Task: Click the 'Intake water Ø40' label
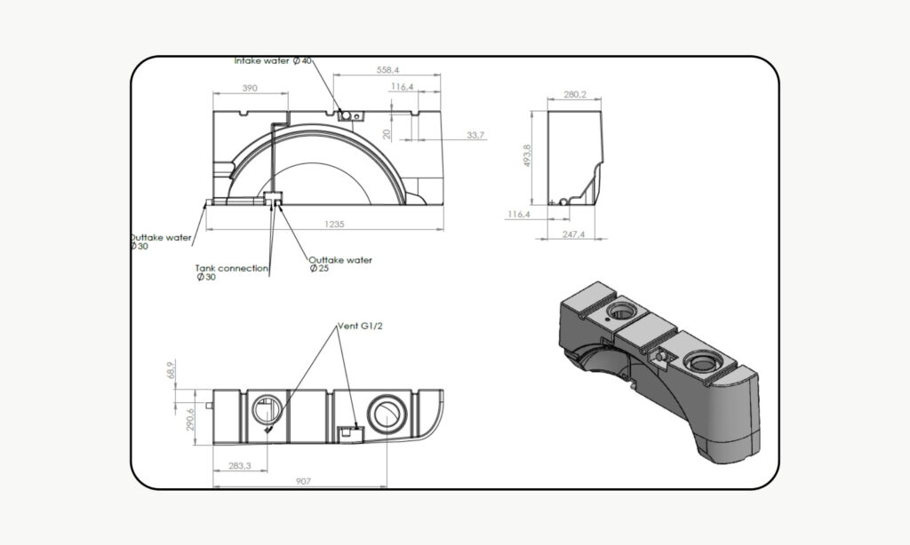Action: (x=273, y=61)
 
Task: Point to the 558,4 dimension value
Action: (x=387, y=70)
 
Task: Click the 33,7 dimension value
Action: (x=475, y=136)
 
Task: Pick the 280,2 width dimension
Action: (x=575, y=94)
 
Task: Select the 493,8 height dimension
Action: (x=528, y=156)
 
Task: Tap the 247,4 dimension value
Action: (x=574, y=234)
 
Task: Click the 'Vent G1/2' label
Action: (x=359, y=327)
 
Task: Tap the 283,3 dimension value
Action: (x=238, y=465)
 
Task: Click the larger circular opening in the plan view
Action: (x=387, y=413)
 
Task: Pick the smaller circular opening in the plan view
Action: (x=266, y=410)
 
